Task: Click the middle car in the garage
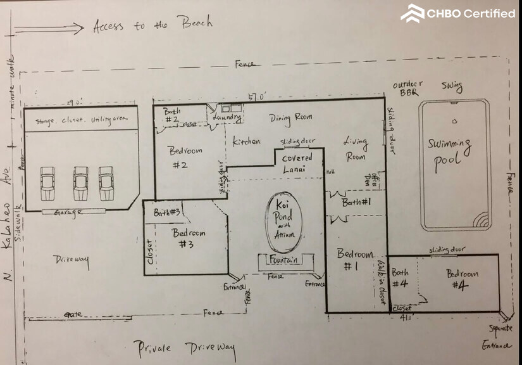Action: [x=80, y=182]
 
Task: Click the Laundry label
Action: [x=227, y=118]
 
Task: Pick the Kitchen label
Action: [x=246, y=141]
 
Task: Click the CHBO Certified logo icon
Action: [x=413, y=13]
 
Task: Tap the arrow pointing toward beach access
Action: [x=49, y=28]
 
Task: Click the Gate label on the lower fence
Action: [x=73, y=314]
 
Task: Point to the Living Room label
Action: [x=356, y=149]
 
